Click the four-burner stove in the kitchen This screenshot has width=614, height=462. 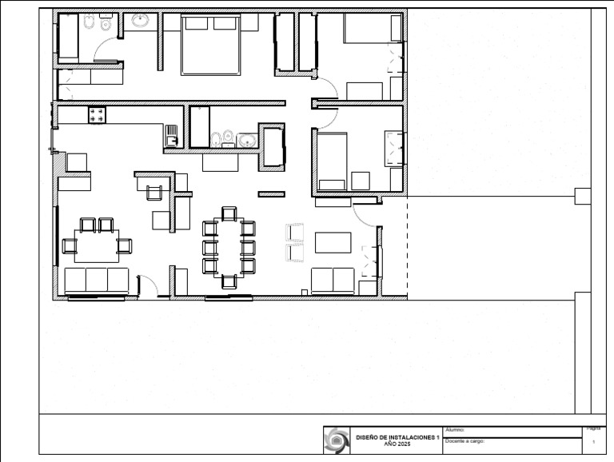pos(98,115)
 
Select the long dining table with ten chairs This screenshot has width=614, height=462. pos(229,246)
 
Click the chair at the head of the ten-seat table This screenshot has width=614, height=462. pos(229,213)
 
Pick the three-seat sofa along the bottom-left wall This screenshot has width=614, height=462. pos(96,281)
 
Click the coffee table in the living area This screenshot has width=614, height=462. pos(333,241)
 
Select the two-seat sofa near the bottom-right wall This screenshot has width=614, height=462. pos(333,280)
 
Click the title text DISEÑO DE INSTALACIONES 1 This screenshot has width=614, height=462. pos(397,437)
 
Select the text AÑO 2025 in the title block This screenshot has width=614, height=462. pos(397,444)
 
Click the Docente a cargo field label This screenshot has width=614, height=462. pos(464,441)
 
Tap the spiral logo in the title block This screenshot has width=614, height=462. pos(337,440)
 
